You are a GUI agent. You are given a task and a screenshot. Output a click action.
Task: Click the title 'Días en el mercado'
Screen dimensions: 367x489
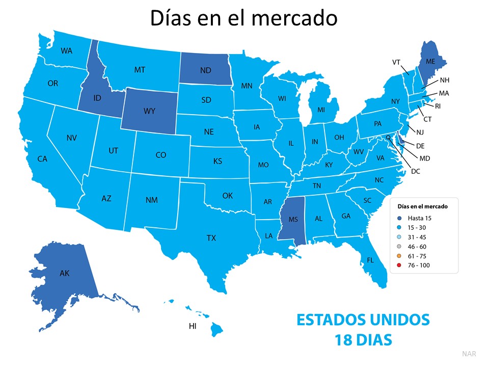click(243, 18)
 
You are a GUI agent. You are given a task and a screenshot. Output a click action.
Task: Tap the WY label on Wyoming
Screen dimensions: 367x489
click(149, 110)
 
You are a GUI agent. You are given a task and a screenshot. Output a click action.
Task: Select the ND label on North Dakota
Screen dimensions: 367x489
click(206, 71)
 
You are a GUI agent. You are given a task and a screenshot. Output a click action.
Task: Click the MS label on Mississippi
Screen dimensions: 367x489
click(293, 220)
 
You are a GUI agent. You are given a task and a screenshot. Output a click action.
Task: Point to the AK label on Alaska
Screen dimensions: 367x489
click(64, 273)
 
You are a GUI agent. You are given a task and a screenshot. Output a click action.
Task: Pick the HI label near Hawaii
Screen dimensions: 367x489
click(193, 326)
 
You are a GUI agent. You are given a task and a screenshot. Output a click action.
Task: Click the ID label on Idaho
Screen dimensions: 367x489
click(97, 97)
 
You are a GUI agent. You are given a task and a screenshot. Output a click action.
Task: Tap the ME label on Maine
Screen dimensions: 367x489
click(430, 61)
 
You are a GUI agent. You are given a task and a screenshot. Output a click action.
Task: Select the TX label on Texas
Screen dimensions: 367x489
click(211, 238)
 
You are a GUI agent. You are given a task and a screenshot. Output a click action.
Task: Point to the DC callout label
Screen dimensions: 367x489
click(415, 171)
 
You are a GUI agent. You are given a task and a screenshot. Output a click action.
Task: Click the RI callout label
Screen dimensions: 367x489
click(438, 106)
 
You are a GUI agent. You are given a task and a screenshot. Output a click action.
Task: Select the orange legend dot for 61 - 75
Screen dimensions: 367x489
click(399, 256)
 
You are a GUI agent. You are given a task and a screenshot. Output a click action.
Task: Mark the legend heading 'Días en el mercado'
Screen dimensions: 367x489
click(423, 206)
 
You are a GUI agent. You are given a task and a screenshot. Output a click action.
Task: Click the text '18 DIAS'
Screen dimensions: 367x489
click(363, 338)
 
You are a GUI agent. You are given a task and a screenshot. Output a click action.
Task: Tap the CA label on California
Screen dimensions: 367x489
click(42, 159)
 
